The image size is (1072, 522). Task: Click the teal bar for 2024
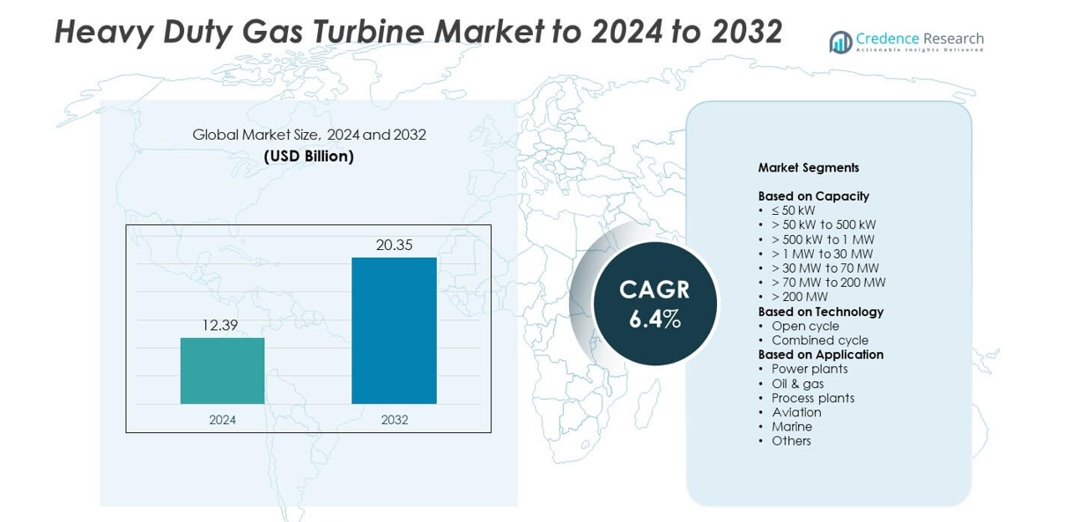point(222,371)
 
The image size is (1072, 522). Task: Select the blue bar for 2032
point(394,330)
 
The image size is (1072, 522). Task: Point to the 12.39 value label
point(219,325)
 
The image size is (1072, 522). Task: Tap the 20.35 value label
point(394,245)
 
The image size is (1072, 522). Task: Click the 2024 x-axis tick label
point(222,420)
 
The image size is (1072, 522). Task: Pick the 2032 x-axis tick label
point(394,420)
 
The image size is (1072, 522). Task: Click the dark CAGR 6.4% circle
point(654,304)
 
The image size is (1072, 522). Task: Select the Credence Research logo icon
point(840,42)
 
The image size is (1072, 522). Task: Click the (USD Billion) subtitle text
point(309,157)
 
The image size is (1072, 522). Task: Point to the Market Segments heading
point(808,167)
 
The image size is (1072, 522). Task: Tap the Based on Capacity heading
point(813,195)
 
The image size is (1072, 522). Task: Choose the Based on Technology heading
point(820,311)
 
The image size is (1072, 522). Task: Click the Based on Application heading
point(820,354)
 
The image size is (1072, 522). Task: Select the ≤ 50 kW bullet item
point(793,210)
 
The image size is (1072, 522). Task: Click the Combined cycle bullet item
point(819,340)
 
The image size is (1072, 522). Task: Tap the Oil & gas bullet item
point(797,383)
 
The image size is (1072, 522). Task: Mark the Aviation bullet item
point(796,412)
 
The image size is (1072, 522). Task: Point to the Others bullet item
point(791,441)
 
